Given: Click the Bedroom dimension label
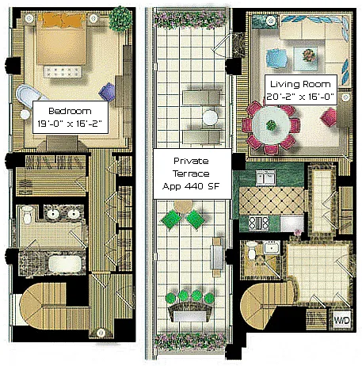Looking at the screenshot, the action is point(70,117).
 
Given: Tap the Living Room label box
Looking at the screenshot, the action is point(301,90).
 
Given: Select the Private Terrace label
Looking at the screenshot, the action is point(192,173).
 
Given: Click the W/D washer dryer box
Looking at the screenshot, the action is point(342,320).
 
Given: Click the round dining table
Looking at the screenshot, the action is point(271,125).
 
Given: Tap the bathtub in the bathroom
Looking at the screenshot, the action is point(65,264).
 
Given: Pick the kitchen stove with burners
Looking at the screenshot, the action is point(259,223).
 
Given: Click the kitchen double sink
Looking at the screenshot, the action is point(265,177).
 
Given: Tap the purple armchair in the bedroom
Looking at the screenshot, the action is point(107,92).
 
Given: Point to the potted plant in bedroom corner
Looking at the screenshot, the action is point(120,18).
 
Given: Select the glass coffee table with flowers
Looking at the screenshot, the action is point(306,59).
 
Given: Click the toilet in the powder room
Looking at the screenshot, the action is point(251,250).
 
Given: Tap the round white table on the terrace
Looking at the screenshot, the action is point(210,117).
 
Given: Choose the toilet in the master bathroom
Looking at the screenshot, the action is point(27,215).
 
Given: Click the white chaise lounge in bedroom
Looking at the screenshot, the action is point(29,96).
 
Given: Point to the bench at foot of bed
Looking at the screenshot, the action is point(63,72).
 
